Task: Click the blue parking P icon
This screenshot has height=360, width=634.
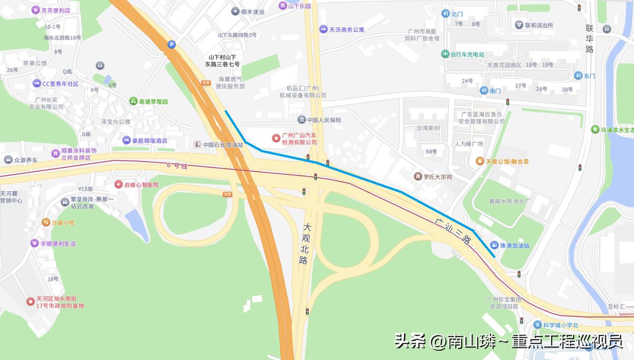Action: pos(171,45)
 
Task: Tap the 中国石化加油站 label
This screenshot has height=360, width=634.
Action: pos(223,145)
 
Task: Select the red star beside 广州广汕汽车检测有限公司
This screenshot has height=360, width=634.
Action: pos(275,137)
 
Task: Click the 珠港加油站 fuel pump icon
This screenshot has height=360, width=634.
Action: pos(494,245)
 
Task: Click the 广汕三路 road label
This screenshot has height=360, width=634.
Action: pos(452,231)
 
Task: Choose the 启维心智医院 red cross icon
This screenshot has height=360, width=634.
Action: pos(118,185)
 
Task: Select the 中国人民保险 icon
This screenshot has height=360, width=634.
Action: pos(301,120)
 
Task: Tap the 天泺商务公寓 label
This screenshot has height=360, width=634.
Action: pos(347,30)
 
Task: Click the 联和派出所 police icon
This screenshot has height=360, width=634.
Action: pos(519,25)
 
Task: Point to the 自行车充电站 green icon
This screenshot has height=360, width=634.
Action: pos(445,54)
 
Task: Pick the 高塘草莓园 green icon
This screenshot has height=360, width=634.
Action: pos(133,102)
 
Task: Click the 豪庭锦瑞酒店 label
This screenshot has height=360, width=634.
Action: pos(150,141)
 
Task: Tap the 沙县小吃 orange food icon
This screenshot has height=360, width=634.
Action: pos(46,222)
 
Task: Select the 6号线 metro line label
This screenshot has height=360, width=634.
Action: pos(177,166)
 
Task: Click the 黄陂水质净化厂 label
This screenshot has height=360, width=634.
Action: pos(510,202)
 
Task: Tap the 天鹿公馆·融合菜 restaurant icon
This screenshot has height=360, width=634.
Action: pos(479,161)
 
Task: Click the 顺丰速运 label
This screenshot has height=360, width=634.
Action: pos(253,11)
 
